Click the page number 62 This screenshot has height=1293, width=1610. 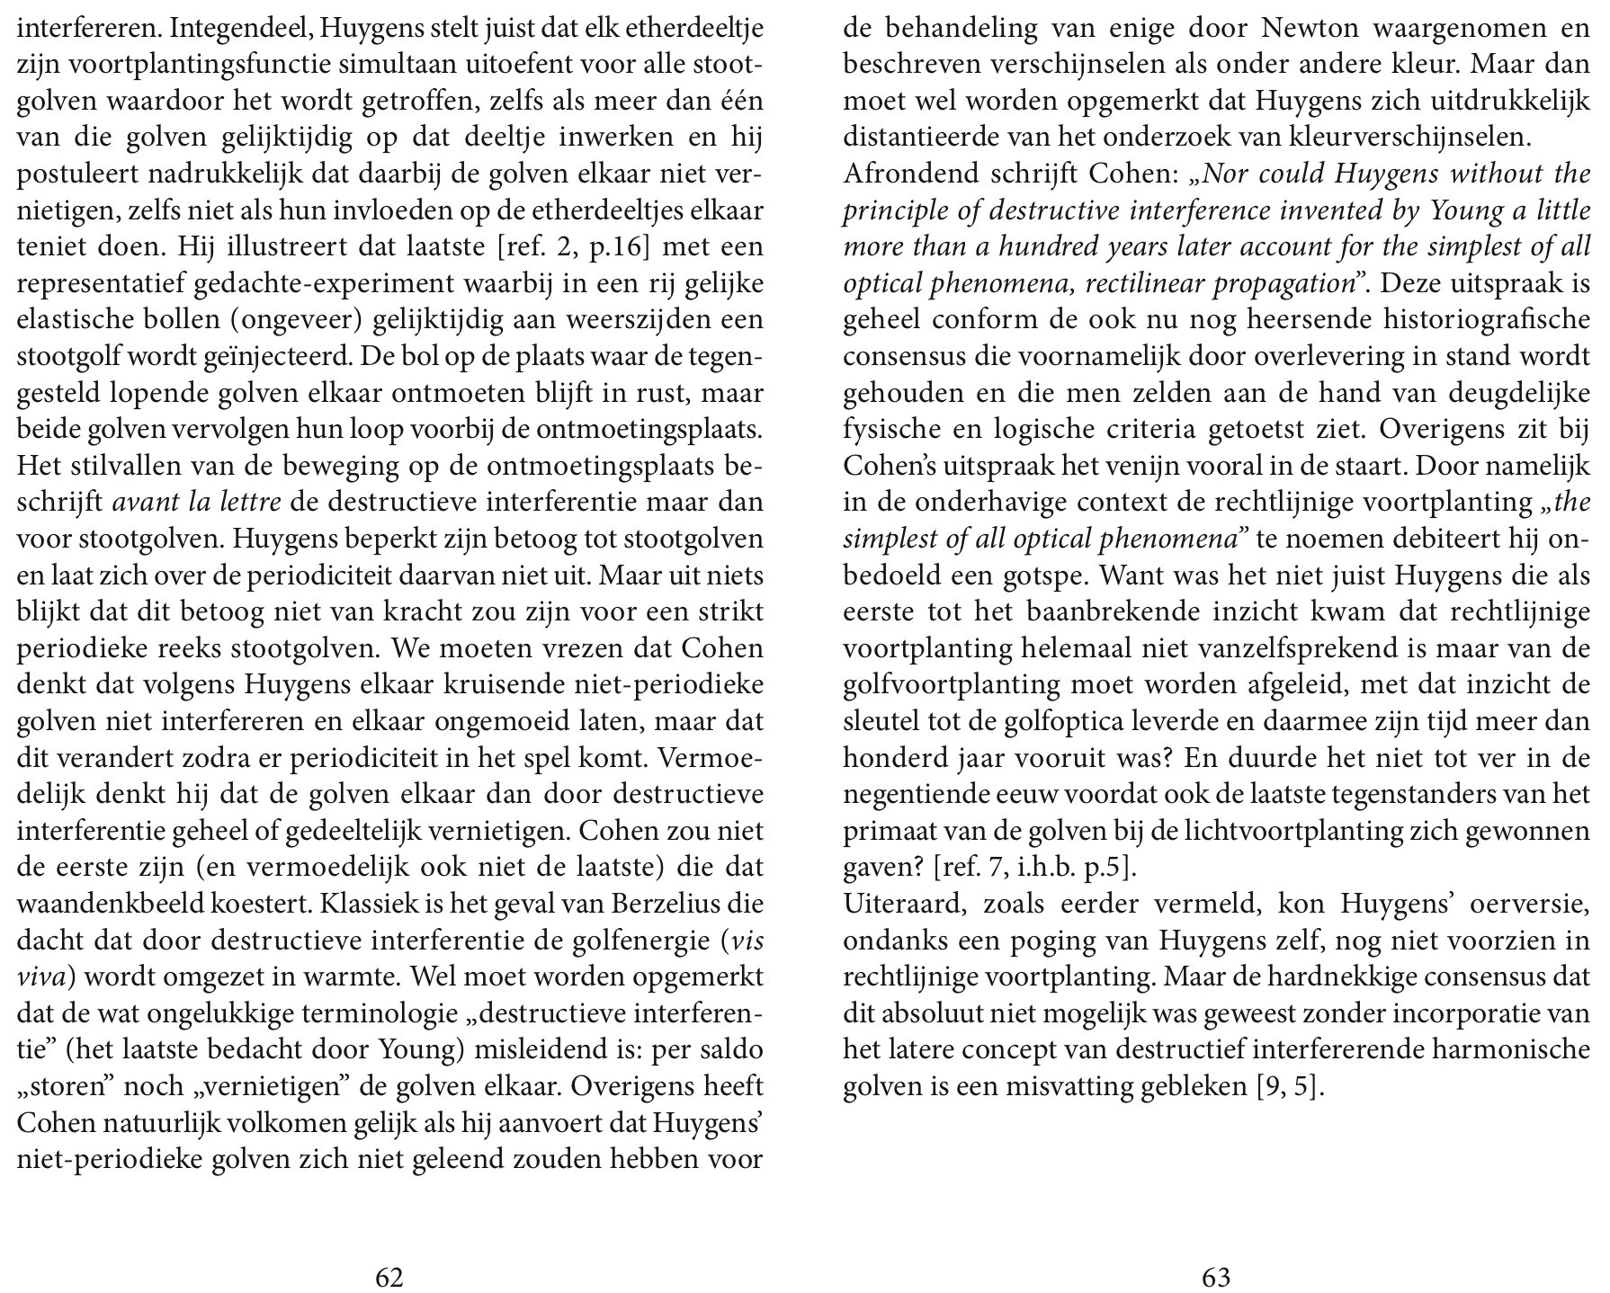(389, 1277)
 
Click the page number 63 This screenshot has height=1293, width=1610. (1216, 1277)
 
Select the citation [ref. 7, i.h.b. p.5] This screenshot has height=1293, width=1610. (1035, 869)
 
